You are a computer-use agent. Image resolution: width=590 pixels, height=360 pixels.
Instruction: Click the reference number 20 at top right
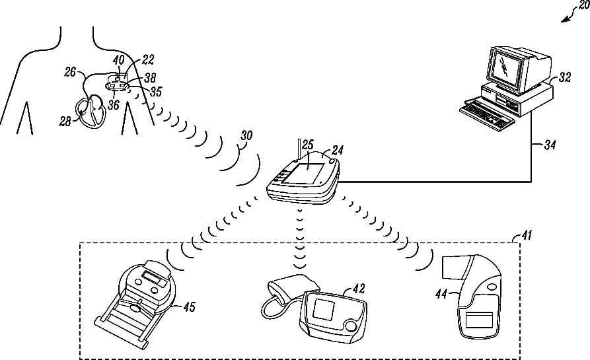click(x=581, y=5)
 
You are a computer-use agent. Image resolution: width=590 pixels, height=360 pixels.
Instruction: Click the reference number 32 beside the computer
click(x=565, y=77)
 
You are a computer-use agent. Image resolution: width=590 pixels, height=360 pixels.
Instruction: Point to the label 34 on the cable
click(x=550, y=143)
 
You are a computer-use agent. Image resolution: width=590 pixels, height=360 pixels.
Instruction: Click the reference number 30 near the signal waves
click(x=246, y=135)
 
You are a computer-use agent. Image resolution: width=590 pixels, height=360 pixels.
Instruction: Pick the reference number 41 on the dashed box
click(x=525, y=235)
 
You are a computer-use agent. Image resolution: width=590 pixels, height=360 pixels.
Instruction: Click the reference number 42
click(x=358, y=288)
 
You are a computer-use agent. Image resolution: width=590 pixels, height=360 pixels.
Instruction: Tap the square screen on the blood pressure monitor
click(x=325, y=309)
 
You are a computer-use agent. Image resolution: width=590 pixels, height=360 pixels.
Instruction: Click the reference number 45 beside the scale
click(x=189, y=306)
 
